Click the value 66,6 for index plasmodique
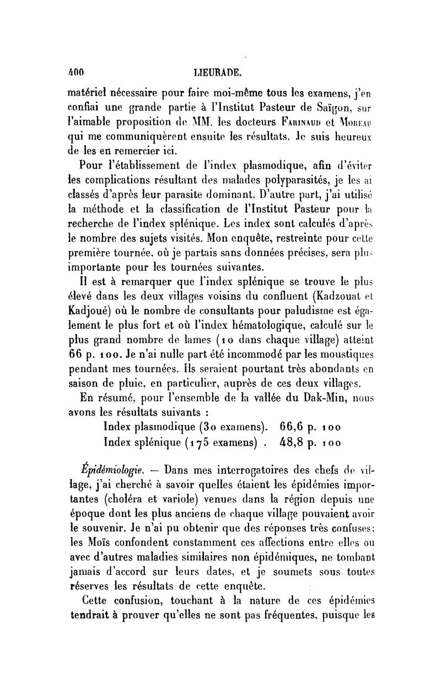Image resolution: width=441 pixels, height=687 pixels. click(298, 427)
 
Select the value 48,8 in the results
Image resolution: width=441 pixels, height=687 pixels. click(298, 442)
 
